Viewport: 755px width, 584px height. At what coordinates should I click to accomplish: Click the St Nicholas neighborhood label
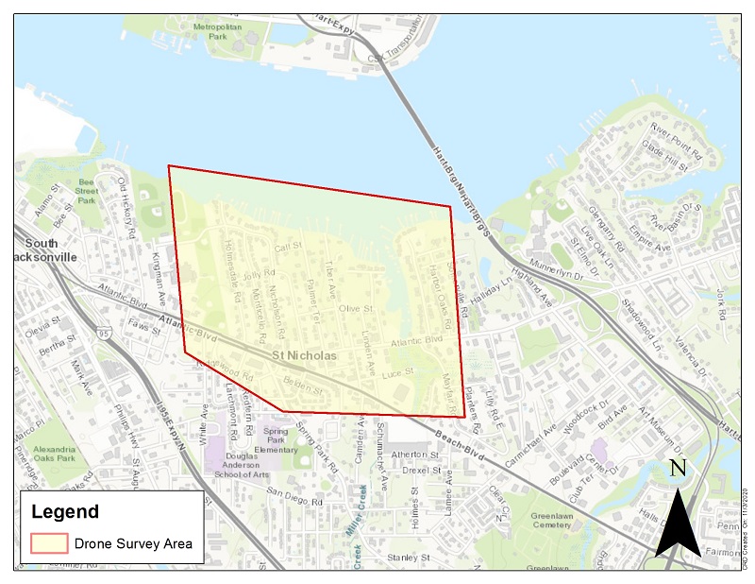[304, 356]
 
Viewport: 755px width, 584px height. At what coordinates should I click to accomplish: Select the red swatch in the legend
[48, 542]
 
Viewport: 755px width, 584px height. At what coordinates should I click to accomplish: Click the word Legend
[65, 512]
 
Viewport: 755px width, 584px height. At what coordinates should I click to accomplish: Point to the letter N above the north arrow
[678, 469]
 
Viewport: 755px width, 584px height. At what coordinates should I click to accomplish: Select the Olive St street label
[357, 309]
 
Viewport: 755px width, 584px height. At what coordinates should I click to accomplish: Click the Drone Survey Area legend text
[136, 543]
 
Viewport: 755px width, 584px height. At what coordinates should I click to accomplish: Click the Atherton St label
[416, 455]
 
